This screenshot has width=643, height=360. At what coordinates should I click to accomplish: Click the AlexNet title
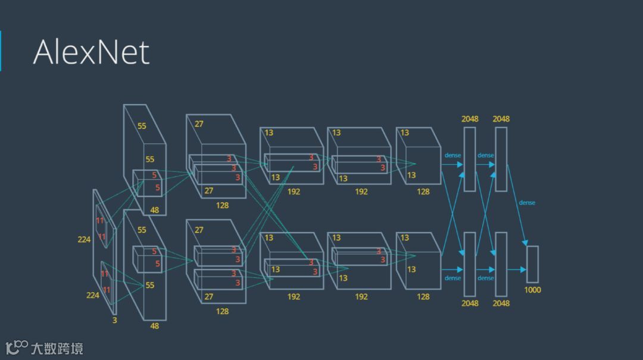coord(91,52)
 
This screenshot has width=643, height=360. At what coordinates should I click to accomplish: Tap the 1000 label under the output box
coord(532,290)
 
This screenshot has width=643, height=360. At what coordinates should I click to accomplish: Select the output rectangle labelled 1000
coord(532,264)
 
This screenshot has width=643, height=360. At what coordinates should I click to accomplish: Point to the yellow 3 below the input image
coord(115,320)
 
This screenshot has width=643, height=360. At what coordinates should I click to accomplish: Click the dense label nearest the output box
coord(527,203)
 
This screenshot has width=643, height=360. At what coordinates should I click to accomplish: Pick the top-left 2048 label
coord(470,119)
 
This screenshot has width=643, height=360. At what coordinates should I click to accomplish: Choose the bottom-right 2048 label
coord(501,303)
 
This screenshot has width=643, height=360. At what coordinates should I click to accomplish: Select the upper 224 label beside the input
coord(84,239)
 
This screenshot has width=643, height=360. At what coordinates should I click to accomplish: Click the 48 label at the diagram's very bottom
coord(154,325)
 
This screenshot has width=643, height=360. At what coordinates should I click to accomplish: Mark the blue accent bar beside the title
coord(1,51)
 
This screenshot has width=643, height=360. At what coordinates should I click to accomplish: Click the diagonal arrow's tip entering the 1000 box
coord(526,244)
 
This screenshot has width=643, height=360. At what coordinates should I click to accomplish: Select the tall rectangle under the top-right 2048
coord(501,159)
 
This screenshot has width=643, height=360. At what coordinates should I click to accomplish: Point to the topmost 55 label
coord(142,126)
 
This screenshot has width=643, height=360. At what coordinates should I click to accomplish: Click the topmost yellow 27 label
coord(199,124)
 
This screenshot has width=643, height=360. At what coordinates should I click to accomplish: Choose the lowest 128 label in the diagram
coord(222,311)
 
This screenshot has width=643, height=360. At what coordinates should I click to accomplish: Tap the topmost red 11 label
coord(100,221)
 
